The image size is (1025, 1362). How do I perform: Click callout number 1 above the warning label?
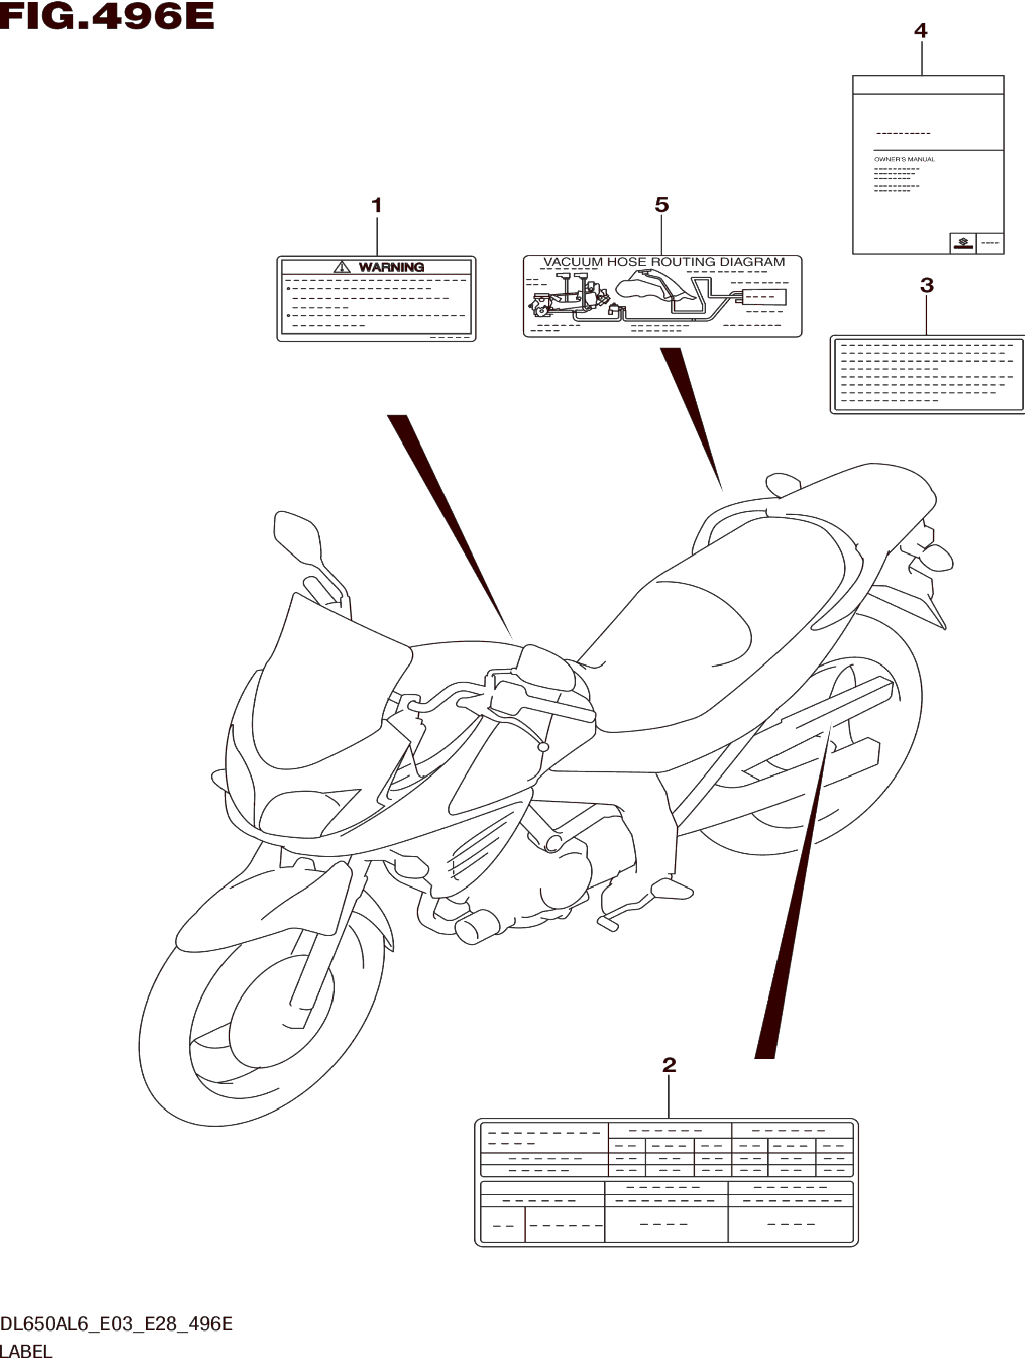tap(377, 205)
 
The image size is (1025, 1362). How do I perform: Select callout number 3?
tap(926, 285)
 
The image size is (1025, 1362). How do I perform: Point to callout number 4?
tap(920, 30)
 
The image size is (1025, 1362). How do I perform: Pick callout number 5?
tap(661, 205)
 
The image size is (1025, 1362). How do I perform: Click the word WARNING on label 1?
tap(391, 267)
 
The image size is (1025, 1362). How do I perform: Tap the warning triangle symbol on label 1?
tap(342, 267)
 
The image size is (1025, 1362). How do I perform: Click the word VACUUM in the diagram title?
tap(573, 262)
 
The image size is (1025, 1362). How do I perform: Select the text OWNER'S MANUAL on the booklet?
tap(904, 160)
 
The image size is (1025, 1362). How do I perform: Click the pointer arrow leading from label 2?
tap(795, 893)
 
